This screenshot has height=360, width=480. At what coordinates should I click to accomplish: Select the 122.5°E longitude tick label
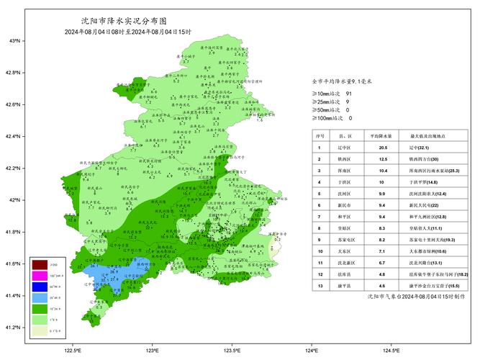coord(73,351)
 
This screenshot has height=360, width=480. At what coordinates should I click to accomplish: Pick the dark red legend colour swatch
coord(40,266)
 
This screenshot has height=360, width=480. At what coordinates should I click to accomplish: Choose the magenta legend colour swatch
coord(40,276)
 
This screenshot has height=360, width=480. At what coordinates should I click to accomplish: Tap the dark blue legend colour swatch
coord(40,287)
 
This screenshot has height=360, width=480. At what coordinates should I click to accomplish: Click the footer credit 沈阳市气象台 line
coord(407,295)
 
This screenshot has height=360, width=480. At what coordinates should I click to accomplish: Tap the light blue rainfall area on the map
coord(115,274)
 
